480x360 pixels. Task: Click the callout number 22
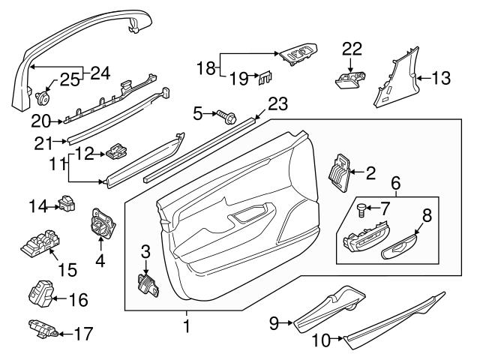click(352, 49)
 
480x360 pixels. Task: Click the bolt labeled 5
click(224, 115)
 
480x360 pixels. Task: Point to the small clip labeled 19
click(265, 76)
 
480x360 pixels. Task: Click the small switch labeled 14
click(70, 203)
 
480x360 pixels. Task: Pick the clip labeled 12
click(118, 151)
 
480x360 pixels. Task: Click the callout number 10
click(320, 340)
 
